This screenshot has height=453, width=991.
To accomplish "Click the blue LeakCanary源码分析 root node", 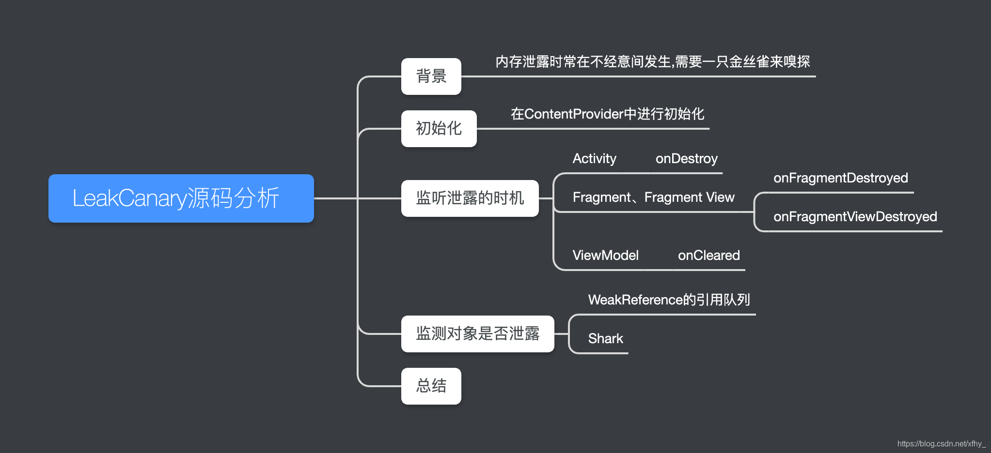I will pos(181,198).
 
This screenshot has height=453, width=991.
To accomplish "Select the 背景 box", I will pos(431,76).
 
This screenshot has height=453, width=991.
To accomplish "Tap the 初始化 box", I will pos(439,129).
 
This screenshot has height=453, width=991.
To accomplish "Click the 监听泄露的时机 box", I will pos(470,198).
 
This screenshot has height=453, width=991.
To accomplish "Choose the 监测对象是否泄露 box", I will pos(477,334).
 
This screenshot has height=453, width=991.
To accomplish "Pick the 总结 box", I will pos(431,386).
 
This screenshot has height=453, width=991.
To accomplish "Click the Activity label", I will pos(594,159).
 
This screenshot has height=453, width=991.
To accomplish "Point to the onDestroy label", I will pos(686,159).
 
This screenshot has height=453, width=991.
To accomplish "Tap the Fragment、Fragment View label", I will pos(653,197).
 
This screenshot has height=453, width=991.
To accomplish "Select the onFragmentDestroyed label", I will pos(840,178).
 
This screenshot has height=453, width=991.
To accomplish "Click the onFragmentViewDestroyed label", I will pos(855,217).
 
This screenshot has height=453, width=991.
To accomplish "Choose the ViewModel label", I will pos(605,256).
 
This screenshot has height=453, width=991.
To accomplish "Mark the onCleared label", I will pos(708,256).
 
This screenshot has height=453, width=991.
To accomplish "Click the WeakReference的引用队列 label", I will pos(669,300).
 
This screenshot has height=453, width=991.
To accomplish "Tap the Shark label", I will pos(605,339).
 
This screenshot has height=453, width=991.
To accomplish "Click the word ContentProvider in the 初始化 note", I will pos(574,114).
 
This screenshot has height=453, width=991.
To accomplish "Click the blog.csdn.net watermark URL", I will pos(941,444).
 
